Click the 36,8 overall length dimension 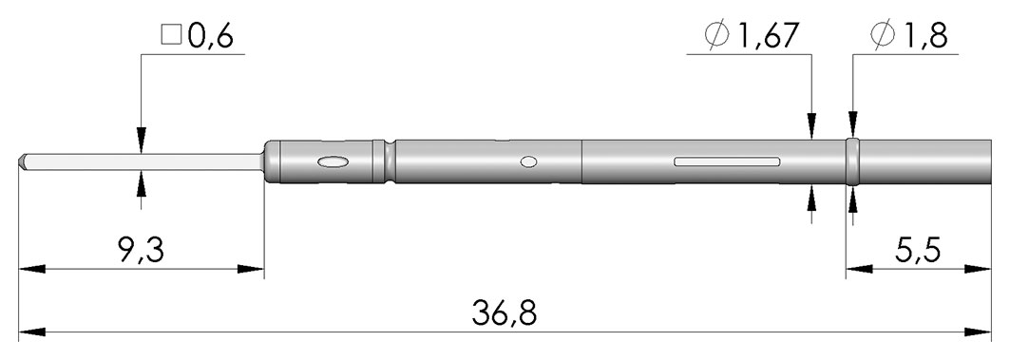(504, 313)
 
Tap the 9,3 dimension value (142, 250)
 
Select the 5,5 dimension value (918, 250)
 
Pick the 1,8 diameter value (924, 37)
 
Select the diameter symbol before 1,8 (881, 37)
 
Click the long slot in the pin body (727, 161)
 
